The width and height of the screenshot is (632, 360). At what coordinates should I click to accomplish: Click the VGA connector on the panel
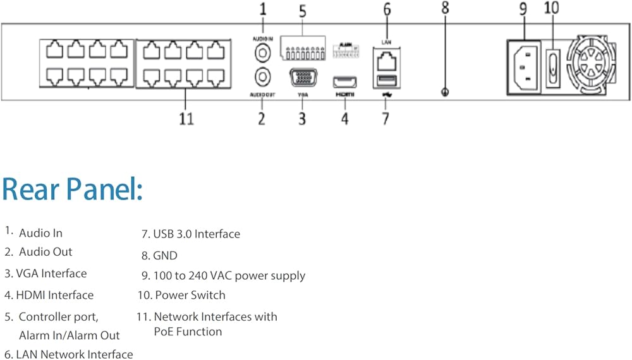tap(302, 79)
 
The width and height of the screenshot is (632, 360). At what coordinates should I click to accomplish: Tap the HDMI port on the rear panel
tap(345, 81)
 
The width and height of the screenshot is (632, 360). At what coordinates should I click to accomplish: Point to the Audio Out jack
tap(262, 77)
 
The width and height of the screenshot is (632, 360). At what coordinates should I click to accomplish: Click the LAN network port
tap(386, 61)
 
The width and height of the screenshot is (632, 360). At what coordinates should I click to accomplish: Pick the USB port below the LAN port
tap(386, 80)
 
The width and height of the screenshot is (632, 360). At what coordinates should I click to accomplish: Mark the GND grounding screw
tap(445, 92)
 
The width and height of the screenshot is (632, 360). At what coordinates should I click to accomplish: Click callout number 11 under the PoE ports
tap(186, 118)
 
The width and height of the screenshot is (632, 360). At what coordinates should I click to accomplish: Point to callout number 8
tap(445, 9)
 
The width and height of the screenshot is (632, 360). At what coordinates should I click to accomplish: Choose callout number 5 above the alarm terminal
tap(303, 11)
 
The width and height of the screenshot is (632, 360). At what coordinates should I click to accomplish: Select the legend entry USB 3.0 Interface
tap(190, 234)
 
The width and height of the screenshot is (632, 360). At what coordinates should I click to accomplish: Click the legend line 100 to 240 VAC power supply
tap(223, 276)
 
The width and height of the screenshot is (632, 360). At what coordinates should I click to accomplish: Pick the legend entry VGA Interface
tap(46, 273)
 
